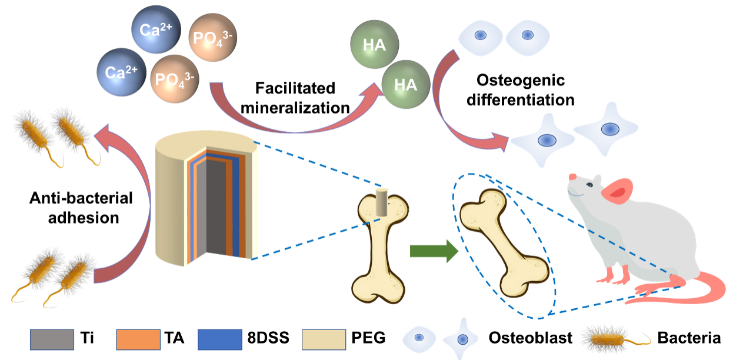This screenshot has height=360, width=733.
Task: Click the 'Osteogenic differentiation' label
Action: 525,89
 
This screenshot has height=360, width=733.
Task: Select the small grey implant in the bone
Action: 382,202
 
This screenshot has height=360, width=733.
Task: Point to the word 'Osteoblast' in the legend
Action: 531,338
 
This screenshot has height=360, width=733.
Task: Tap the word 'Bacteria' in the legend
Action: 689,338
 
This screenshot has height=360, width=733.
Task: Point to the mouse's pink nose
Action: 570,177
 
